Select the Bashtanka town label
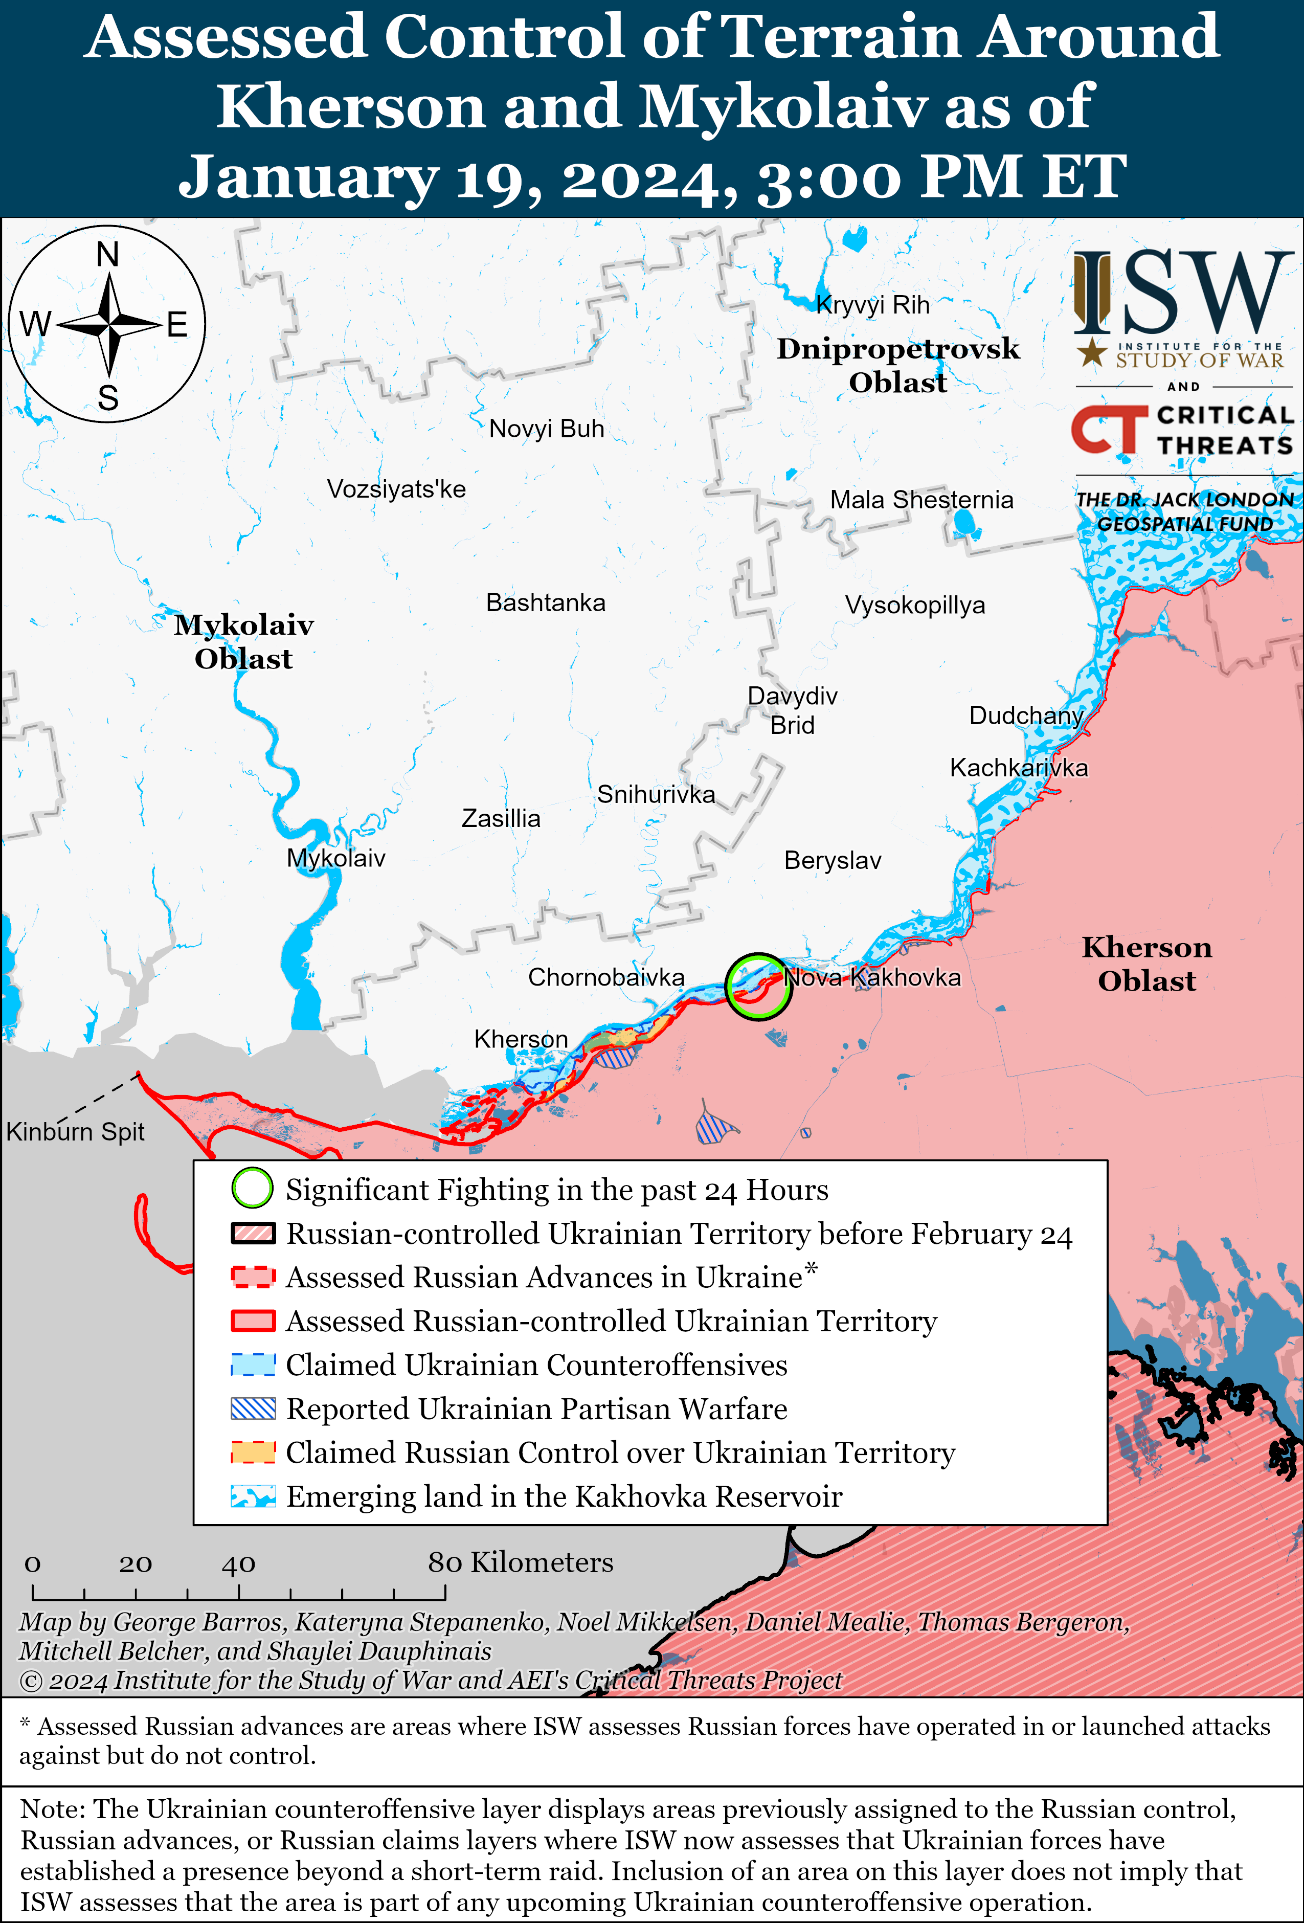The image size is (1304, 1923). coord(545,602)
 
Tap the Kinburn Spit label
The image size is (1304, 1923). coord(75,1131)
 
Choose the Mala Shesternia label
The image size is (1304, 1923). coord(921,500)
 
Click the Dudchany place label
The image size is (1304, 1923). coord(1026,715)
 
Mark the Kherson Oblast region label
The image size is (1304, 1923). coord(1147,964)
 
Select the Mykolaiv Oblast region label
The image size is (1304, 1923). coord(243,641)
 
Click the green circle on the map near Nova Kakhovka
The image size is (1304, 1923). coord(758,987)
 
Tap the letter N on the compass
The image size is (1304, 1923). coord(107,255)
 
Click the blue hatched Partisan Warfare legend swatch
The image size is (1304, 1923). coord(252,1408)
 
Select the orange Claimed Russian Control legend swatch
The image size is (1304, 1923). coord(252,1452)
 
